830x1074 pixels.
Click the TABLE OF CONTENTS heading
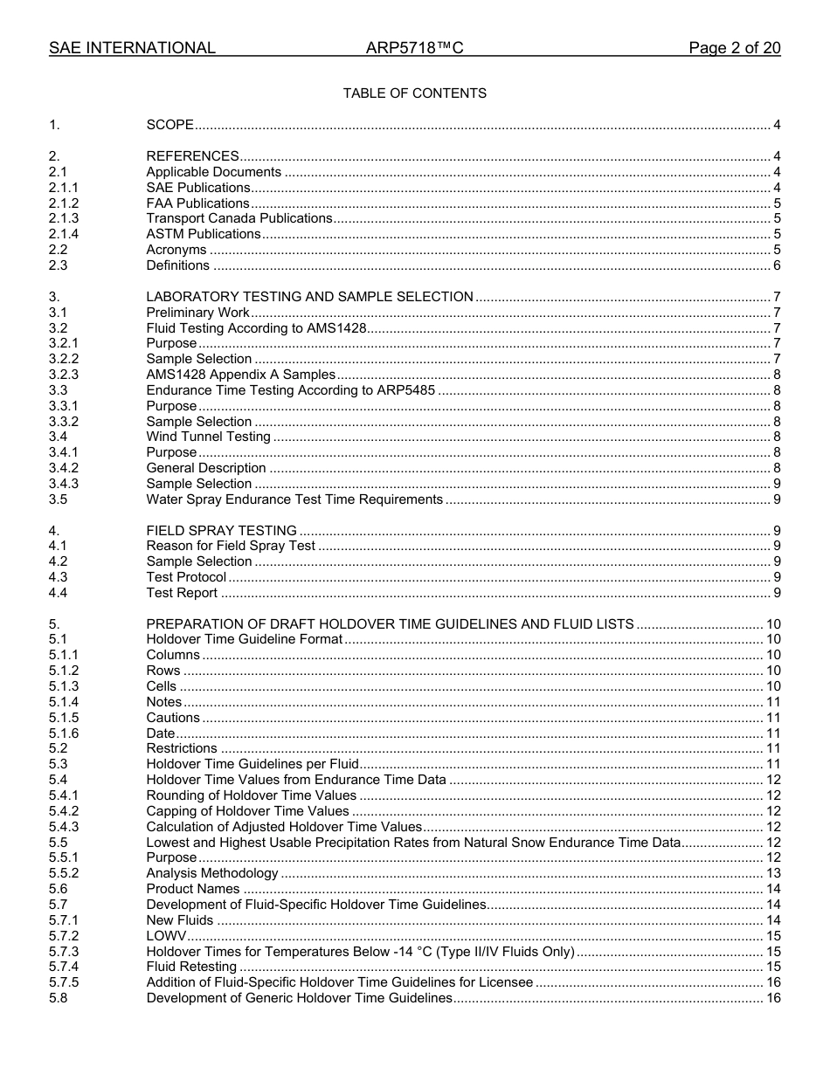point(414,93)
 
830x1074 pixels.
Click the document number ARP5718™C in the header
point(414,48)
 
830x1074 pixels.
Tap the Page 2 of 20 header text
point(734,48)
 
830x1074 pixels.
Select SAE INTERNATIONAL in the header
point(132,48)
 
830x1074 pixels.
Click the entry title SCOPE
point(169,126)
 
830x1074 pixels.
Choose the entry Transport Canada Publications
point(239,218)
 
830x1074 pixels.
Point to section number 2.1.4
point(64,234)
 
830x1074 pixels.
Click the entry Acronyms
point(176,250)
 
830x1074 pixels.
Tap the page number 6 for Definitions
point(777,265)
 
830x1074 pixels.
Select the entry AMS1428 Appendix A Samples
point(240,375)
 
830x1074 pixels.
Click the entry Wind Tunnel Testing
point(208,437)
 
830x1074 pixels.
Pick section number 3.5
point(59,499)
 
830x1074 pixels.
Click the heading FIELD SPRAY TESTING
point(221,531)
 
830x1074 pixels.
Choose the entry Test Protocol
point(186,577)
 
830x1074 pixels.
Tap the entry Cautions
point(173,718)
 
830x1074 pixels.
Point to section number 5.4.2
point(64,811)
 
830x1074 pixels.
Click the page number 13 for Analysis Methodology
point(773,873)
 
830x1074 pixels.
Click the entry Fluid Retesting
point(191,967)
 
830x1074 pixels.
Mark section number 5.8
point(59,998)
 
